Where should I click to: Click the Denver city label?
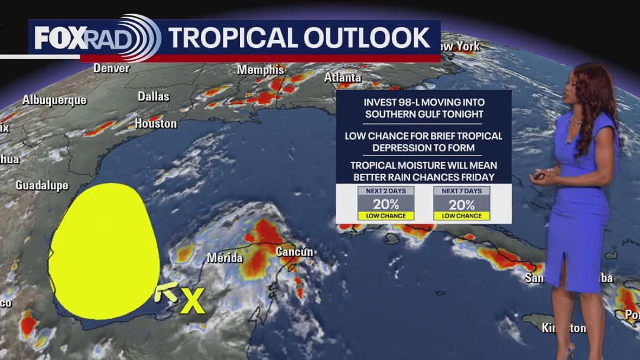click(111, 69)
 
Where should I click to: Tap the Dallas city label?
click(153, 96)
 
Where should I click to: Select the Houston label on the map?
click(155, 124)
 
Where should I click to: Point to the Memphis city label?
click(261, 70)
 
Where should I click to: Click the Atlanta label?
click(343, 77)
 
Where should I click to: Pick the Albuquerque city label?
click(54, 100)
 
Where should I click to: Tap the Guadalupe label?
click(42, 186)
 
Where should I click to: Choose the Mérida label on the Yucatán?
click(225, 258)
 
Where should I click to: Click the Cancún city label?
click(294, 252)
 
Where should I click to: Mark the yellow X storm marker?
click(192, 301)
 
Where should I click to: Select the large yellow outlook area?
click(103, 251)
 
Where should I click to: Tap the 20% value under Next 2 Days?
click(385, 205)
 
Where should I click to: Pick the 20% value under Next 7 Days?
click(461, 205)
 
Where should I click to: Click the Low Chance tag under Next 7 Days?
click(461, 216)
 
